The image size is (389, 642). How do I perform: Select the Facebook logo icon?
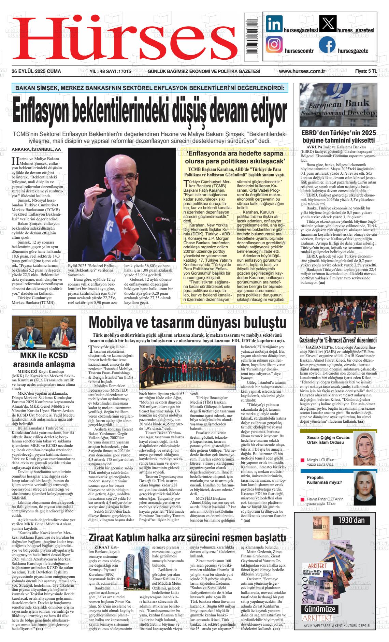327,45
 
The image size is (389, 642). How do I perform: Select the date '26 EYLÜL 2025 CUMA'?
36,71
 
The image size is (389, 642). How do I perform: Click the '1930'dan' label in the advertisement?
351,520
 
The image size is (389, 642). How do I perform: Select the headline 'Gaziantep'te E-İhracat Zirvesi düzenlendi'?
338,340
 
